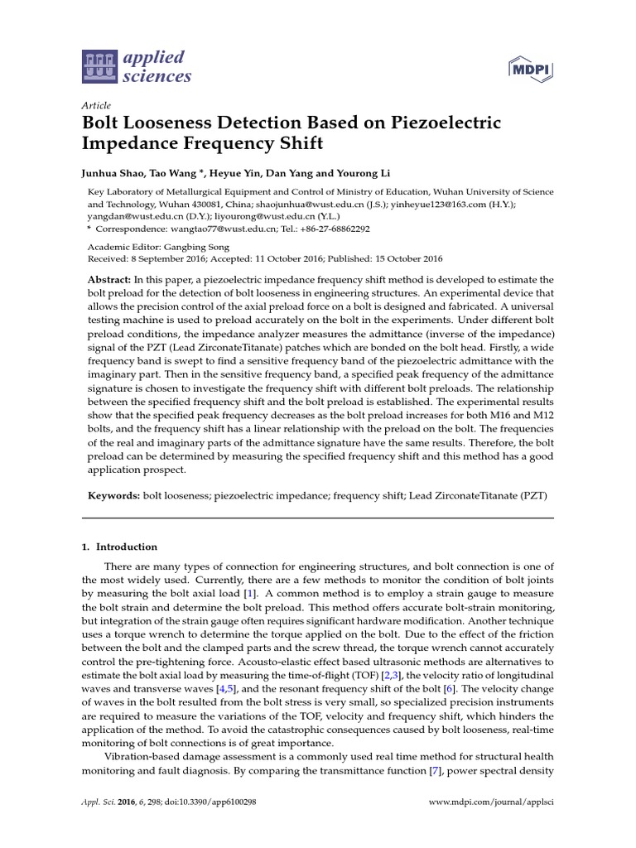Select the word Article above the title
point(97,106)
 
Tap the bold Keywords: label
point(114,495)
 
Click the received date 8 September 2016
point(180,258)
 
